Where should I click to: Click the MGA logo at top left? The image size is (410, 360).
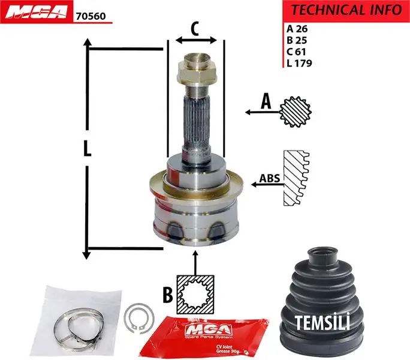36,12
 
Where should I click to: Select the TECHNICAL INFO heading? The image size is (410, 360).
345,10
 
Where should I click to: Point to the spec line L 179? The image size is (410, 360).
299,62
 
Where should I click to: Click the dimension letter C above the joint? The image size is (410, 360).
195,28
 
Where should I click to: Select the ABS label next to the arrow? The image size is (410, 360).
270,179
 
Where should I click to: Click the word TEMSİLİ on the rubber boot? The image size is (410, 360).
322,322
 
